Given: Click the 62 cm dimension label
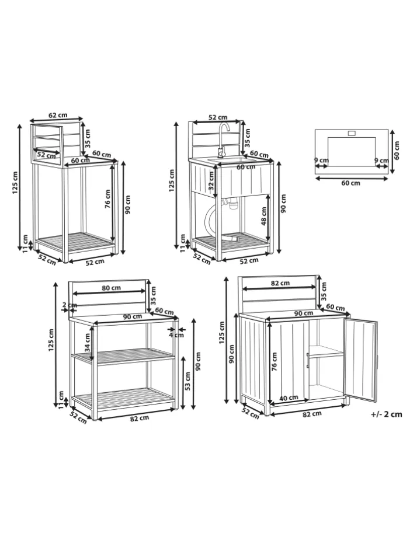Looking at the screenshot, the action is pyautogui.click(x=58, y=115).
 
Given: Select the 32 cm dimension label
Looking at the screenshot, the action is pyautogui.click(x=211, y=180).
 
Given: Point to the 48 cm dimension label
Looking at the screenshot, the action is pyautogui.click(x=263, y=216).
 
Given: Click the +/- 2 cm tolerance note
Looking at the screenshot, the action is pyautogui.click(x=386, y=414).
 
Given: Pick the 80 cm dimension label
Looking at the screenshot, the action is pyautogui.click(x=112, y=288).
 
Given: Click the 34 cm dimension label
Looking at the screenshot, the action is pyautogui.click(x=88, y=343).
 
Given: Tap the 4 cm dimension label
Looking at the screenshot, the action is pyautogui.click(x=177, y=334).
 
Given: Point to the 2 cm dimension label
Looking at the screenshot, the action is pyautogui.click(x=70, y=305).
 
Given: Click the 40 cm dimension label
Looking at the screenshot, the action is pyautogui.click(x=289, y=398).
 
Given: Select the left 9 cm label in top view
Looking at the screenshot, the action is pyautogui.click(x=321, y=160).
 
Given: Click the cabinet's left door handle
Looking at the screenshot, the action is pyautogui.click(x=308, y=361).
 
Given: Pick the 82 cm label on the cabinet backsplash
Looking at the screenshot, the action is pyautogui.click(x=280, y=283).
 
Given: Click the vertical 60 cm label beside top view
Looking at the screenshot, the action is pyautogui.click(x=397, y=151).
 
